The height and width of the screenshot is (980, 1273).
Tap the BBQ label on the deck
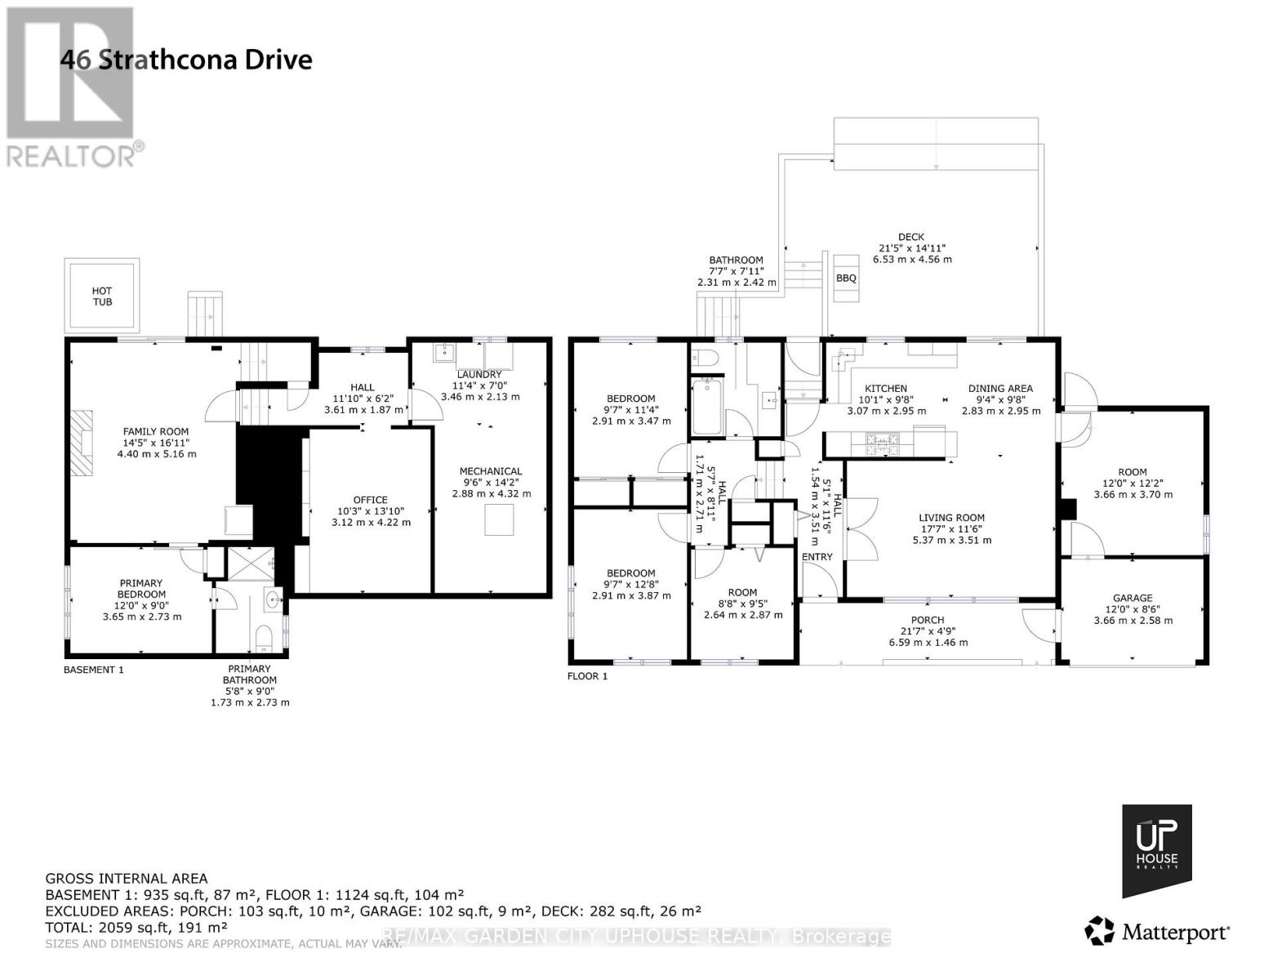[x=846, y=278]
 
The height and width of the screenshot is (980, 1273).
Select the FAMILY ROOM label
[x=155, y=431]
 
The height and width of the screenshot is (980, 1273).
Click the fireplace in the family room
[x=82, y=439]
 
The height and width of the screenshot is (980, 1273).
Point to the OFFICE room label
[x=370, y=500]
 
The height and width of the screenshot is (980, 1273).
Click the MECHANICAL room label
[x=490, y=471]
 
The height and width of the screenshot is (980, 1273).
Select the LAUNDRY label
[x=478, y=375]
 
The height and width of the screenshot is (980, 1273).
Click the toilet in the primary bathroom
[x=264, y=637]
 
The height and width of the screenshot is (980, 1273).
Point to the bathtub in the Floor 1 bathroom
[x=706, y=407]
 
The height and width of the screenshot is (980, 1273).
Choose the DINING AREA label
[x=1000, y=389]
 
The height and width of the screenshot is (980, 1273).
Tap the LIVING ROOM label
[x=951, y=518]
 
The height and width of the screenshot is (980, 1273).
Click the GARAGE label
[x=1133, y=598]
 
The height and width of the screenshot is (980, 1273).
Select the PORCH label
[x=928, y=620]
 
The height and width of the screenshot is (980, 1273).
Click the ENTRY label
[x=817, y=557]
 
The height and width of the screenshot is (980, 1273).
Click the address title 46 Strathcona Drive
[x=187, y=60]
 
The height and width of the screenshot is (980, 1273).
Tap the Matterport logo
[x=1157, y=931]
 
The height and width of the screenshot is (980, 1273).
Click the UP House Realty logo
[x=1156, y=850]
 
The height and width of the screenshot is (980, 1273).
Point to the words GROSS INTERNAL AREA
[x=127, y=879]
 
